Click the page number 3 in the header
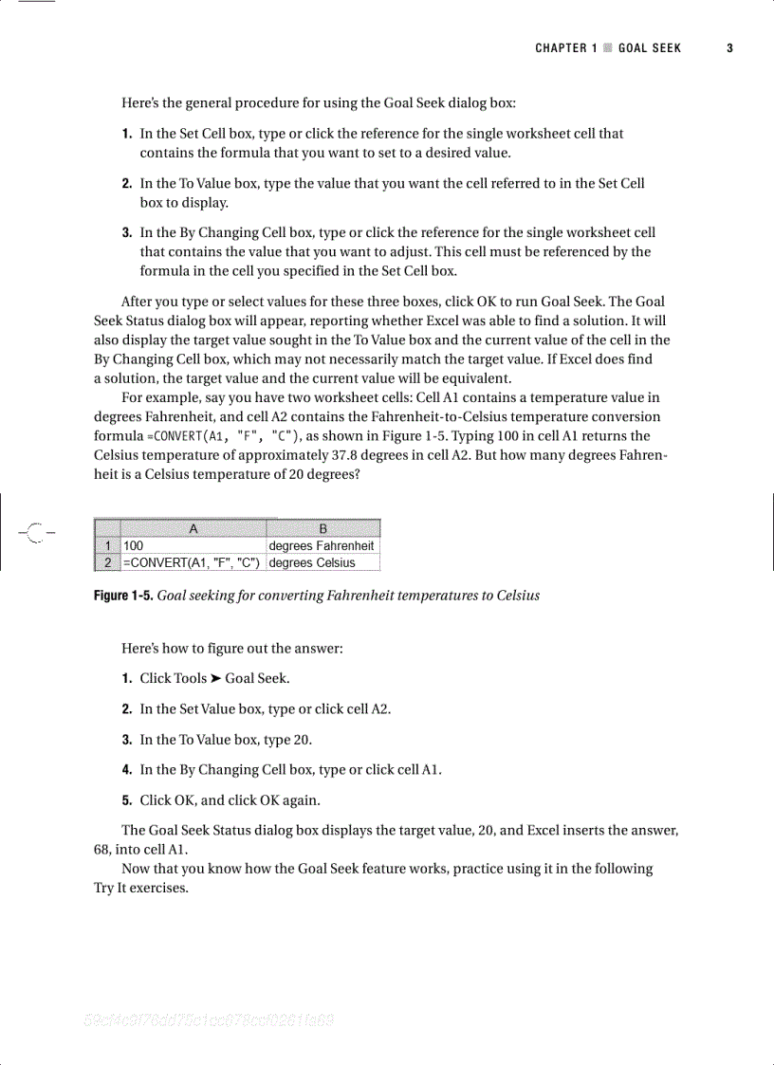coord(730,48)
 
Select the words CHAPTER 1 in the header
coord(566,48)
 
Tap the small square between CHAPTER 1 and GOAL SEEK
coord(608,48)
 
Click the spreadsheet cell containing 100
coord(193,546)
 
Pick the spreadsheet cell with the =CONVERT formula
coord(193,563)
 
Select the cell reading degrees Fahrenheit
coord(322,546)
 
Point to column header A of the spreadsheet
coord(193,529)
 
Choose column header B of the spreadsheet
coord(322,529)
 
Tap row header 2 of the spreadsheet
coord(107,563)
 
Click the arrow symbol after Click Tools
coord(216,678)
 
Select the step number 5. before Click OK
coord(127,799)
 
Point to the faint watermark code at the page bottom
coord(209,1021)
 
